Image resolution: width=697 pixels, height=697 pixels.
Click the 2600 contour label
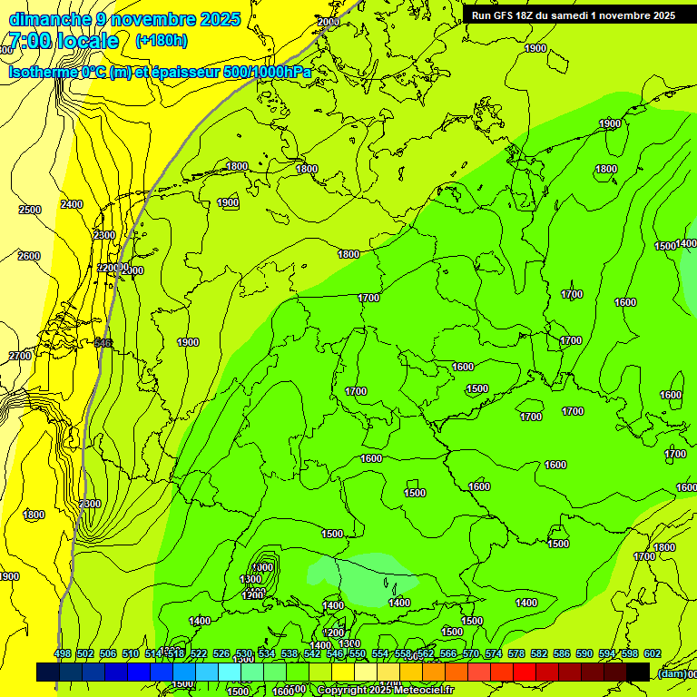pyautogui.click(x=29, y=256)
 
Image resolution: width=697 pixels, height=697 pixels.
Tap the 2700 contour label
pyautogui.click(x=20, y=356)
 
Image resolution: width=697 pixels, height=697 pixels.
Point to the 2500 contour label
pyautogui.click(x=30, y=210)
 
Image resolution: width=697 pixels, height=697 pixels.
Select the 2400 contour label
pyautogui.click(x=72, y=204)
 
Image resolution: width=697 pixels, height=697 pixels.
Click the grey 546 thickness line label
pyautogui.click(x=103, y=342)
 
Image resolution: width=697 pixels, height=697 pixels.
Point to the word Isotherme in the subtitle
pyautogui.click(x=43, y=72)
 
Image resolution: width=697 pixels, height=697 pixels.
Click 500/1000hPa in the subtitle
pyautogui.click(x=272, y=72)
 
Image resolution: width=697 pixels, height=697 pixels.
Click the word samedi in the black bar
pyautogui.click(x=583, y=15)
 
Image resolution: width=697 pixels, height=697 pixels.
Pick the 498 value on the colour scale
pyautogui.click(x=63, y=653)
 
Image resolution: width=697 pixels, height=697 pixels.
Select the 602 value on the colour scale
pyautogui.click(x=653, y=653)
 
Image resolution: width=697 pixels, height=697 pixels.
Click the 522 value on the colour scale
pyautogui.click(x=199, y=653)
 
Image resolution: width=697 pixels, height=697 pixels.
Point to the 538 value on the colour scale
pyautogui.click(x=290, y=653)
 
